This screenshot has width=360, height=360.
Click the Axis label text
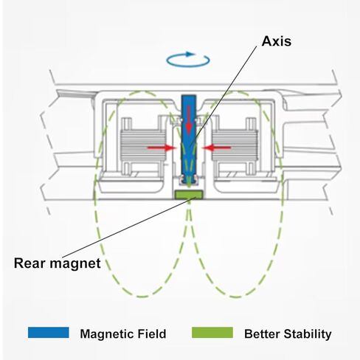coord(277,41)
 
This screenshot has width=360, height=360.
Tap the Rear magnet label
coord(58,263)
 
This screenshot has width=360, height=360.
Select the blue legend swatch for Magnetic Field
coord(49,333)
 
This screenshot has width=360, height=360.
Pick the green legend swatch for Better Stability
coord(212,333)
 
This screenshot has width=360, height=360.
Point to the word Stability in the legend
coord(308,334)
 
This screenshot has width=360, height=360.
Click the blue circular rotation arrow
coord(188,59)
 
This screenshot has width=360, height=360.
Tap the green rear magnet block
coord(189,194)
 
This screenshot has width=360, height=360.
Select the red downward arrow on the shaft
coord(189,120)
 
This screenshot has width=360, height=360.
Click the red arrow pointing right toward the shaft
coord(162,148)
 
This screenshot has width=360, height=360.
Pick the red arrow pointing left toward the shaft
coord(216,148)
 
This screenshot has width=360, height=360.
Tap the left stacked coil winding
coord(142,146)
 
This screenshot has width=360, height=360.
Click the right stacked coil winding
coord(235,146)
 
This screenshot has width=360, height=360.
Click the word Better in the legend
coord(262,334)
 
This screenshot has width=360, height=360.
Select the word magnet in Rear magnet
coord(75,264)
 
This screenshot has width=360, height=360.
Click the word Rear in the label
coord(30,263)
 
